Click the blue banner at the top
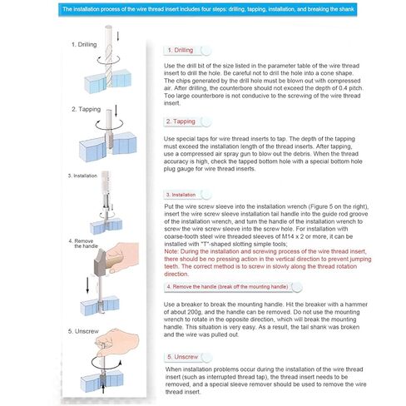pos(207,9)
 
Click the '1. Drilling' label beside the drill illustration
pos(84,44)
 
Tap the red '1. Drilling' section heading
pos(181,50)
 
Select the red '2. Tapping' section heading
pos(181,121)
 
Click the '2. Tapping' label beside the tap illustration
pos(86,109)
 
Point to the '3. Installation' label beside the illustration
pos(82,176)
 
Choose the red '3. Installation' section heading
pos(181,195)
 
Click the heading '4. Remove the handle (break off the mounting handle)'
pos(227,287)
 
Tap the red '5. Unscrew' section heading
pos(183,357)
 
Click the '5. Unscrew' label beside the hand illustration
pos(83,331)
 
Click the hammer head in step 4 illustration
pos(100,262)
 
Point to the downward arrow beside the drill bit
pos(118,37)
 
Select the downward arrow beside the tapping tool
pos(116,111)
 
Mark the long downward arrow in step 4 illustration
pos(87,285)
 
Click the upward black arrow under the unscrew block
pos(103,389)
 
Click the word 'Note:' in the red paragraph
pos(171,251)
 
